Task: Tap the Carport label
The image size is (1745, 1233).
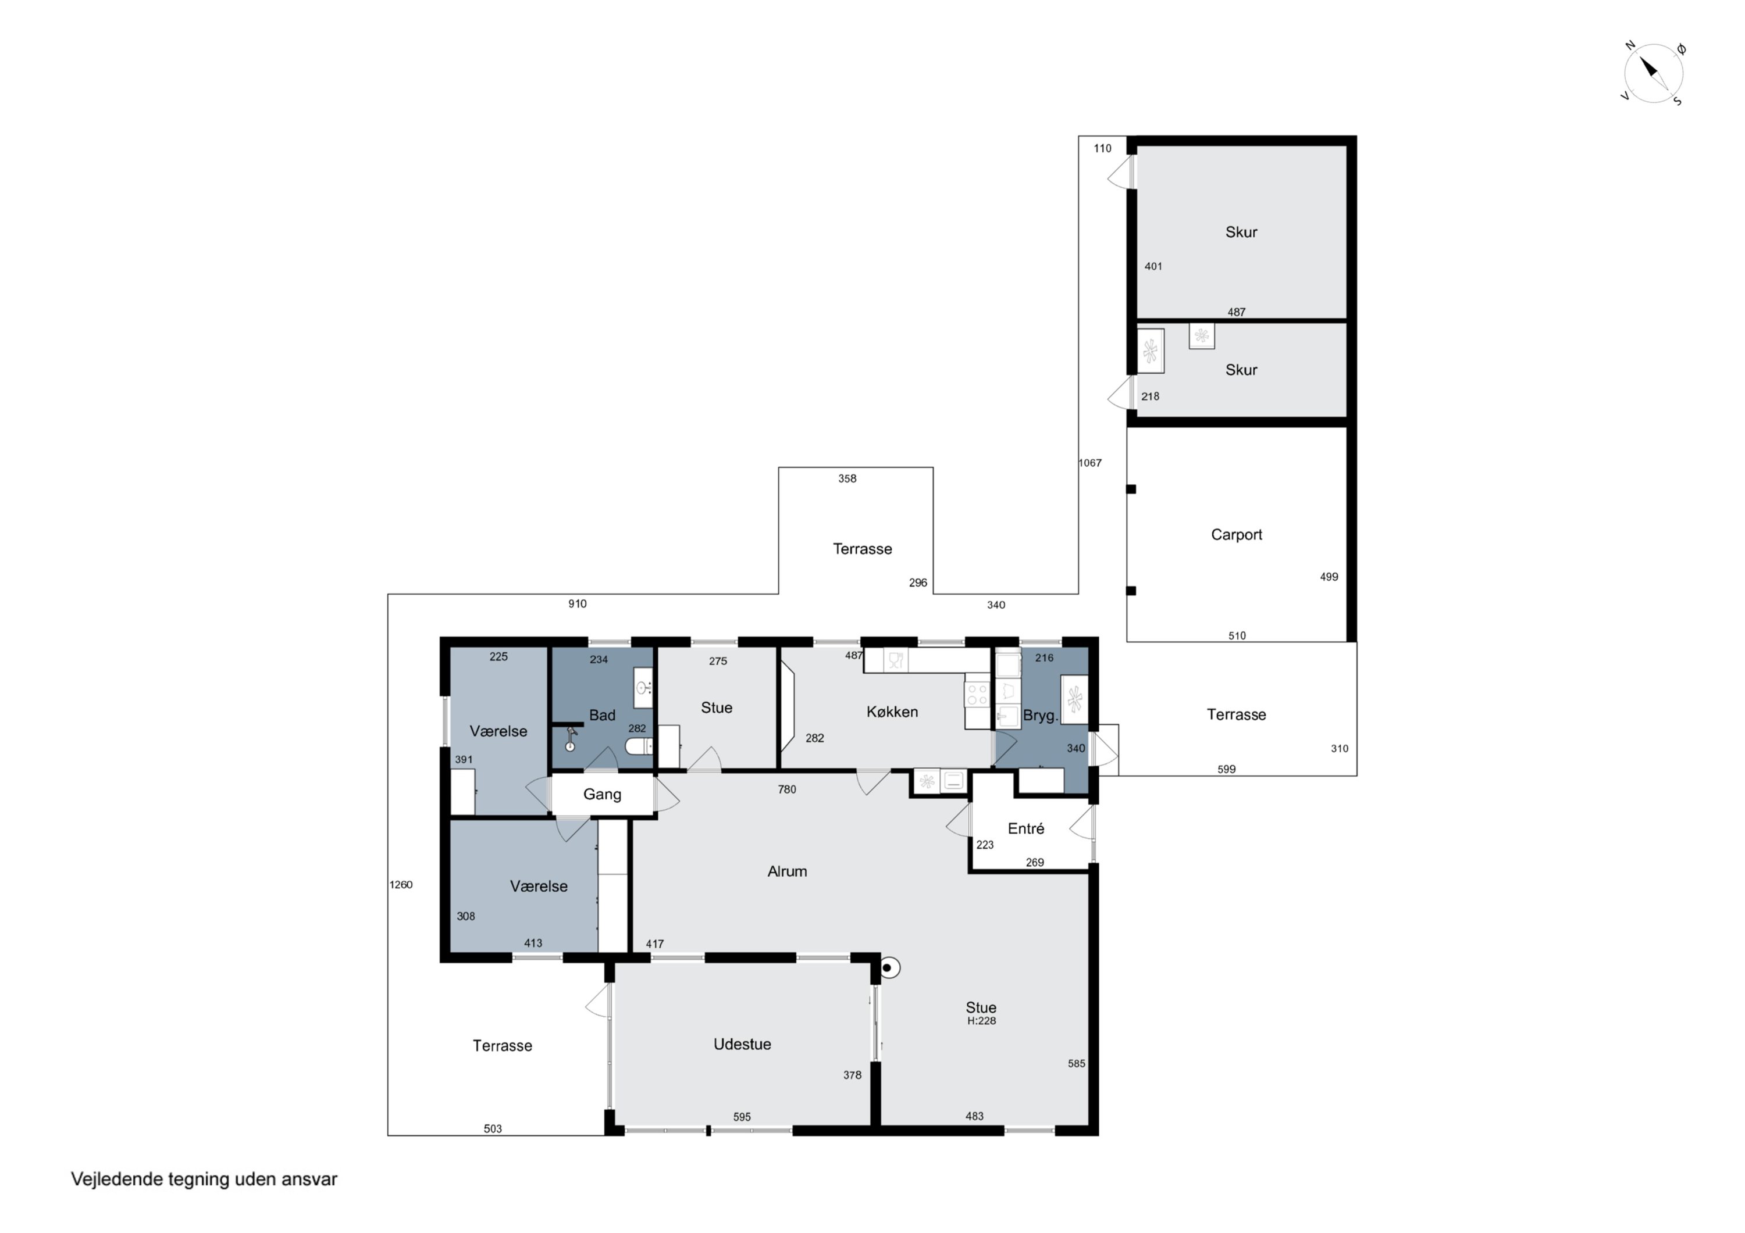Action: click(1237, 535)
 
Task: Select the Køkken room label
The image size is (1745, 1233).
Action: click(892, 712)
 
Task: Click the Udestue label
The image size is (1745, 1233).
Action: click(742, 1044)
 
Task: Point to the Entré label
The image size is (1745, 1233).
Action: click(1026, 829)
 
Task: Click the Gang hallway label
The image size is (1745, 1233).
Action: click(602, 794)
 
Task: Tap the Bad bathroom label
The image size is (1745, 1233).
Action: click(602, 715)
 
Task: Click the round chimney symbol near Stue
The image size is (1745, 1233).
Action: click(888, 968)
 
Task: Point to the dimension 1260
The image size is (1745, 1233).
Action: click(401, 884)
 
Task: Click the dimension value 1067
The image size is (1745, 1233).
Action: click(1090, 463)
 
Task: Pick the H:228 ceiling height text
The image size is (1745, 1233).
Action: click(981, 1021)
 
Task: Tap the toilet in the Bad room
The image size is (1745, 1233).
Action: click(639, 747)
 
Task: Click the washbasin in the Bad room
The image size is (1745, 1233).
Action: click(643, 688)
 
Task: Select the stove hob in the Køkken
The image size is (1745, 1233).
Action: click(977, 694)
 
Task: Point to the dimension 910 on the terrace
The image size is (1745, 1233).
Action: click(578, 604)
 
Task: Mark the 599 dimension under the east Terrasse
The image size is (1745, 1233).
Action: click(1227, 770)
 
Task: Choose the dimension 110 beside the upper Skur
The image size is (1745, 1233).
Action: click(1103, 148)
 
